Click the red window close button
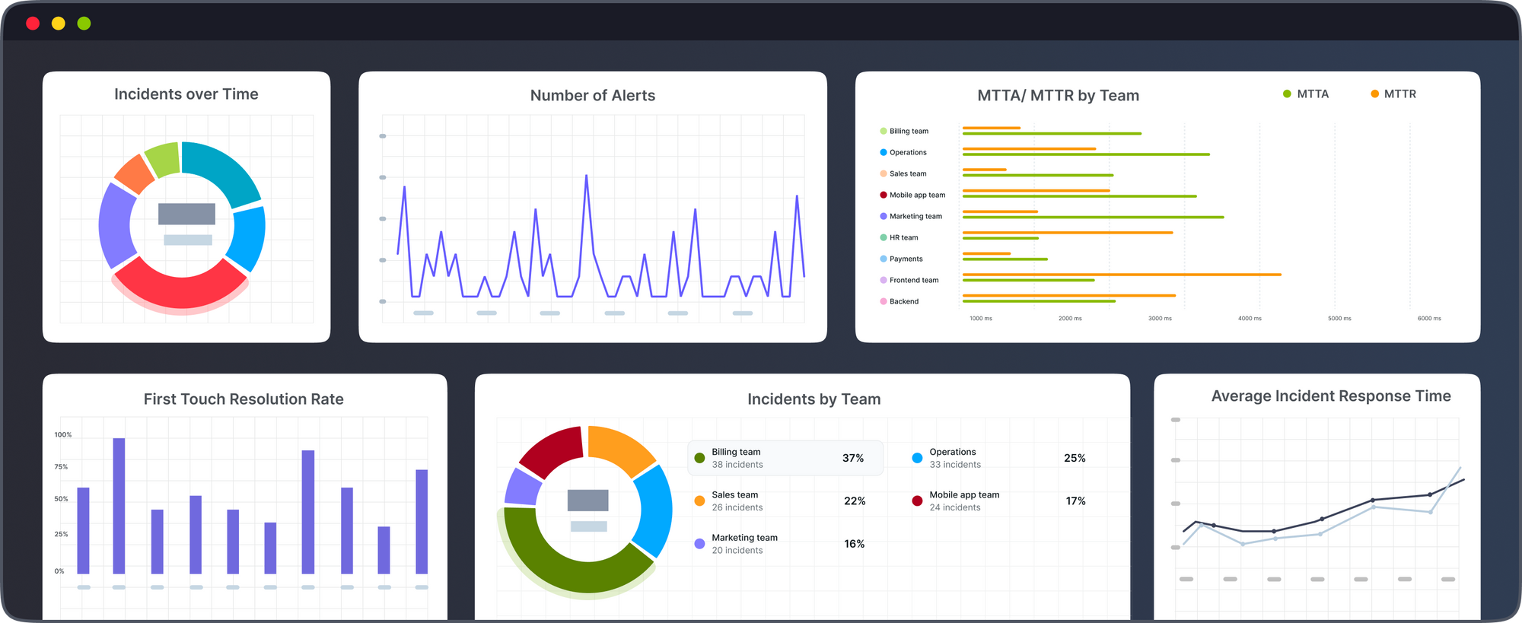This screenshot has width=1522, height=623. (x=33, y=24)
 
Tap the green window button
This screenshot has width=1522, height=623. (x=84, y=24)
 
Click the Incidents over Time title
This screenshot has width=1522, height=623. (x=186, y=94)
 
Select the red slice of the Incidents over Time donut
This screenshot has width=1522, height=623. (x=180, y=289)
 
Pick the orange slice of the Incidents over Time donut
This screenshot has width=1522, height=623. (x=135, y=173)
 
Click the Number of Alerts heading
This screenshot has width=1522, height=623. (x=592, y=96)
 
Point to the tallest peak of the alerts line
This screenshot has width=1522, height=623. (x=586, y=176)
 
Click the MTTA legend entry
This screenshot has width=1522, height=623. (x=1306, y=94)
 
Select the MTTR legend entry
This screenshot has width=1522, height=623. (x=1393, y=94)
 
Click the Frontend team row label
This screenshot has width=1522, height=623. (x=913, y=280)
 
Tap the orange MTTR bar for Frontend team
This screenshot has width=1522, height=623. (x=1122, y=275)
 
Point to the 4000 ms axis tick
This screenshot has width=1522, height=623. (x=1250, y=319)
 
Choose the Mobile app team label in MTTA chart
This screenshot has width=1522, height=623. (x=917, y=195)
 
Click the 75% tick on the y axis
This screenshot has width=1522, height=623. (x=61, y=467)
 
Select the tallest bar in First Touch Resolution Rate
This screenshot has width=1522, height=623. (x=119, y=505)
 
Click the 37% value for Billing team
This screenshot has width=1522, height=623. (x=852, y=458)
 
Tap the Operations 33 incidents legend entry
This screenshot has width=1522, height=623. (x=954, y=458)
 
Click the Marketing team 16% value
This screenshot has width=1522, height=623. (x=854, y=544)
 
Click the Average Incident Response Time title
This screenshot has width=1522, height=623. (x=1330, y=396)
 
